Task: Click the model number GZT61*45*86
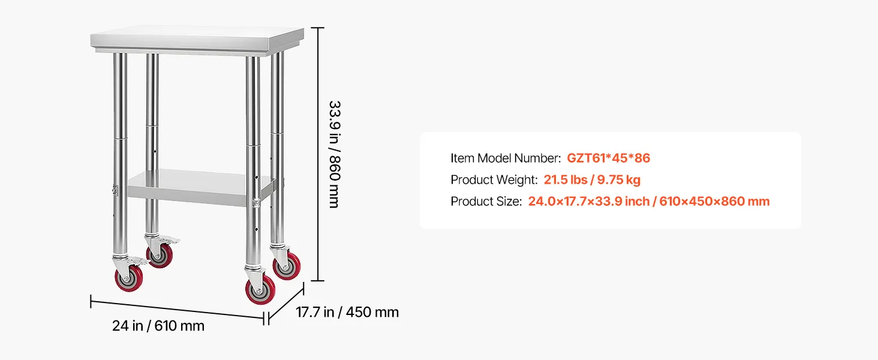pyautogui.click(x=608, y=158)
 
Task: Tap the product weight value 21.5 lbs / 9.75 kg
pyautogui.click(x=592, y=179)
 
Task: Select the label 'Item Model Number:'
pyautogui.click(x=506, y=158)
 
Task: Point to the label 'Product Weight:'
pyautogui.click(x=494, y=179)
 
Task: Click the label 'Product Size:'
pyautogui.click(x=486, y=201)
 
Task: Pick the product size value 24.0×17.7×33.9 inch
pyautogui.click(x=589, y=201)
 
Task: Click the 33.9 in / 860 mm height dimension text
pyautogui.click(x=334, y=154)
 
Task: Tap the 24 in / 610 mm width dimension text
pyautogui.click(x=158, y=326)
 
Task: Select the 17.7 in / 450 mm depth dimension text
pyautogui.click(x=347, y=312)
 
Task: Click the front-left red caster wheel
pyautogui.click(x=129, y=278)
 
